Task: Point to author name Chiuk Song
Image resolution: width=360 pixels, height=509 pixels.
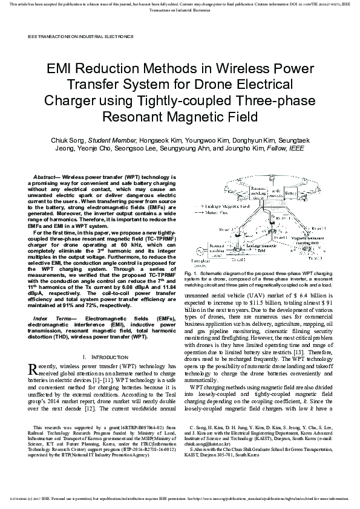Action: coord(67,140)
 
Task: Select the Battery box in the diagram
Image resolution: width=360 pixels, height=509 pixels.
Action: coord(292,191)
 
